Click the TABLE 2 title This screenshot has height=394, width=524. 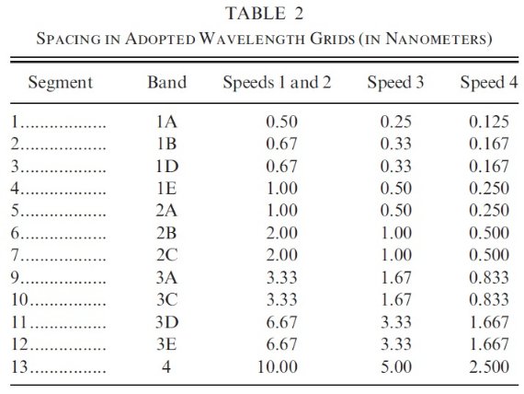pos(265,14)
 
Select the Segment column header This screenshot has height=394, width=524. pos(60,83)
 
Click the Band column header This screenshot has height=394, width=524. pos(166,82)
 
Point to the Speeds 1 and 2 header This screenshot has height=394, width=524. pos(277,83)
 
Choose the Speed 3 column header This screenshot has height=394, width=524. pos(395,83)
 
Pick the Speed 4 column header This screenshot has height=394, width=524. pos(489,83)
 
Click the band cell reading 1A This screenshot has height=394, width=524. pos(166,122)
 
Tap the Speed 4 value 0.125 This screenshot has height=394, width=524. pos(489,122)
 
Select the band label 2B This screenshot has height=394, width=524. pos(166,233)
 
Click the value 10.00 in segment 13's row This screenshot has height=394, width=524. pos(278,367)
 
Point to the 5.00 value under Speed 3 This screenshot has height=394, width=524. pos(396,367)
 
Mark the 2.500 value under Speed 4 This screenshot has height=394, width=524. pos(489,367)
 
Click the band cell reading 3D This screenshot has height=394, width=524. pos(166,322)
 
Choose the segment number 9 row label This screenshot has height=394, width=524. pos(16,278)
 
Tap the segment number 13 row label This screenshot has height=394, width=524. pos(19,367)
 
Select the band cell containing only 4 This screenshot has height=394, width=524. pos(166,367)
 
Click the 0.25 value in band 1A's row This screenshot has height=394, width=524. pos(396,122)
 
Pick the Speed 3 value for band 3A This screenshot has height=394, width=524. pos(396,278)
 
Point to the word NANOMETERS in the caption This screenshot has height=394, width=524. pos(437,39)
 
